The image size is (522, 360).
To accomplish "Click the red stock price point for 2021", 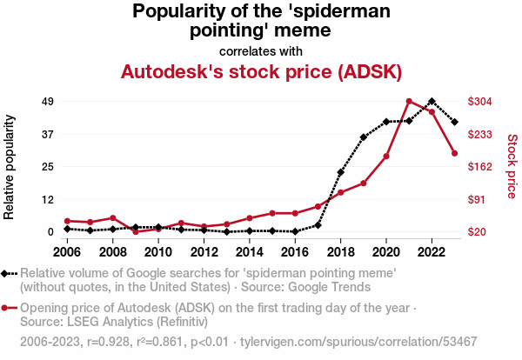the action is [409, 101].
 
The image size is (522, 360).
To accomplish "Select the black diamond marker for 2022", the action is [432, 101].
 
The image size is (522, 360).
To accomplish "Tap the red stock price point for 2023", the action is [455, 153].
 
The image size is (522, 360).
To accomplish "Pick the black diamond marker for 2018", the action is [340, 172].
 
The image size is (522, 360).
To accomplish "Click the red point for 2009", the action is [136, 231].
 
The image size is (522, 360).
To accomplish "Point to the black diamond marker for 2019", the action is [364, 137].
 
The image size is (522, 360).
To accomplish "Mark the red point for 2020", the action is [386, 156].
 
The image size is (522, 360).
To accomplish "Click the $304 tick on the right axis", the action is [479, 101].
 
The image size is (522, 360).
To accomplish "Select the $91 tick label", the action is [477, 199].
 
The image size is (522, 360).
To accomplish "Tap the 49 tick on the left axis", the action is [47, 101].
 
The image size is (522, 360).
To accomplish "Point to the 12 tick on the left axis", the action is [47, 200].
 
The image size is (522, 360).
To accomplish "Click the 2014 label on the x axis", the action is [250, 252].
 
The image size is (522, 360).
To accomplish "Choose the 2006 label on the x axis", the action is [67, 252].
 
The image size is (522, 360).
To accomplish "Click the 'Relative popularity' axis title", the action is [9, 167].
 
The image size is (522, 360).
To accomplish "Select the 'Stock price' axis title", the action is [512, 166].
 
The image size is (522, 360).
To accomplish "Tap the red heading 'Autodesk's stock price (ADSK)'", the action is [261, 71].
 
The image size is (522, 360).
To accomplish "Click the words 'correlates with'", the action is [261, 51].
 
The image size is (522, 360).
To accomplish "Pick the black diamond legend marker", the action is [4, 274].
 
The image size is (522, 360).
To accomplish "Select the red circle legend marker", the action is [4, 308].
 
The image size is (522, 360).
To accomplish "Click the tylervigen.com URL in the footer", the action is [358, 342].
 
